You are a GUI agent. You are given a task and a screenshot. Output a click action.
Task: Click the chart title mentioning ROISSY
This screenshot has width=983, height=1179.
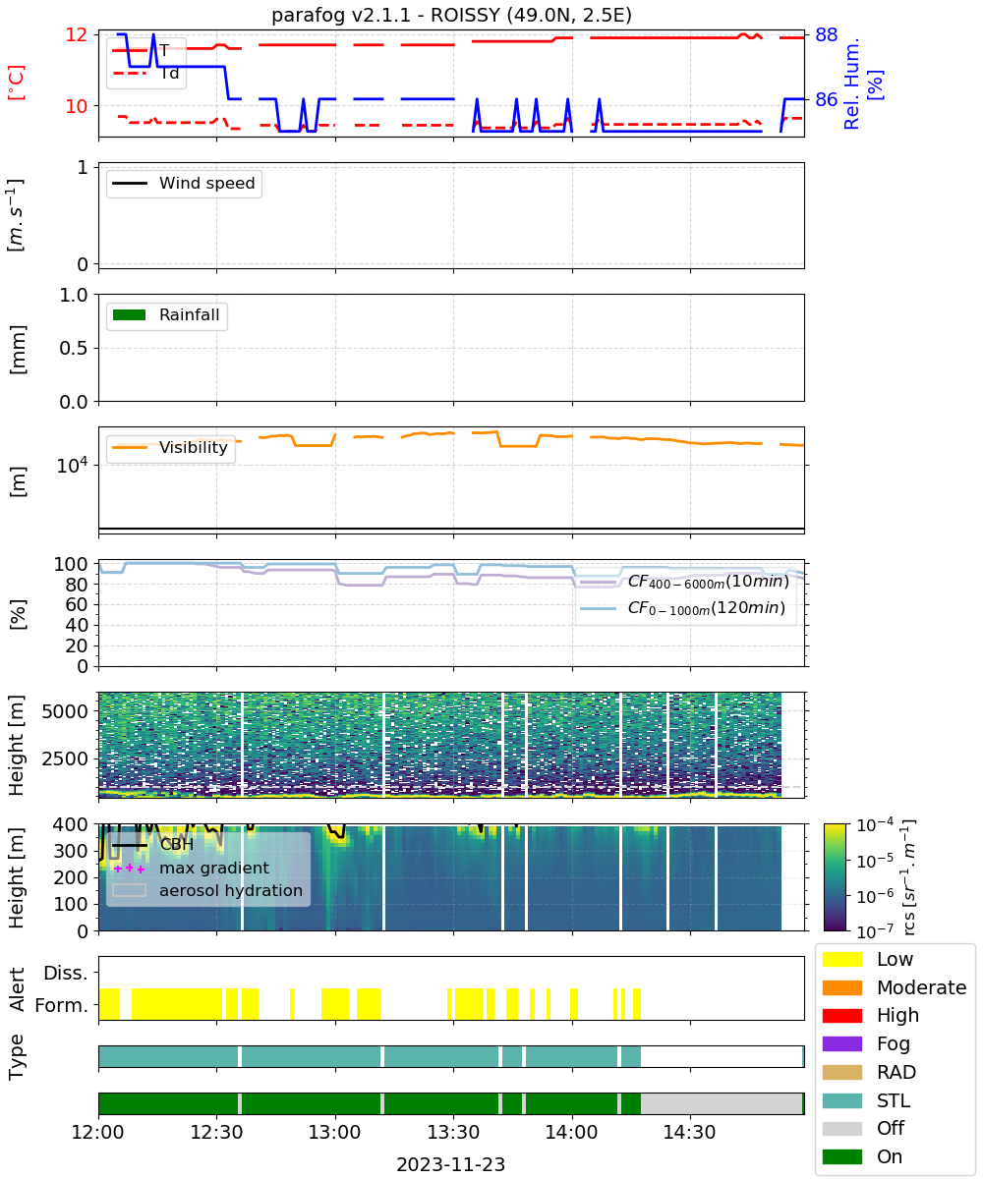coord(451,15)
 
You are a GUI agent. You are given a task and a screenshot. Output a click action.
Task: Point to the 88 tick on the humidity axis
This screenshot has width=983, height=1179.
coord(826,35)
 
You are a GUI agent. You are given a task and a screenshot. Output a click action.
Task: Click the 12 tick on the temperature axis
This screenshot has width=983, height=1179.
coord(77,35)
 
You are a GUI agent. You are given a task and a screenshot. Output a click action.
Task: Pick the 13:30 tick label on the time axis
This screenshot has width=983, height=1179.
coord(453,1132)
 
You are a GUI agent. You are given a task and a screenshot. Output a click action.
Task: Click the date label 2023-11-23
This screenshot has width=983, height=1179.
coord(451,1164)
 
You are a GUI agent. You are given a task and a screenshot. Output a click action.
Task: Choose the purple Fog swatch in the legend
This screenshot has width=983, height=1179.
coord(841,1043)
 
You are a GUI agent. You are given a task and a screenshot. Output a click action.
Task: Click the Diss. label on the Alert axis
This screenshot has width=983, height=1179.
coord(66,973)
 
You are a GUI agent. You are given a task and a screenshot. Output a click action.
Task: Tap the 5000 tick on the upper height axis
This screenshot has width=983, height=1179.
coord(65,711)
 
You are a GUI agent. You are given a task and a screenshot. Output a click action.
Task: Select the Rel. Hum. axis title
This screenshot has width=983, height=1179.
coord(851,84)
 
